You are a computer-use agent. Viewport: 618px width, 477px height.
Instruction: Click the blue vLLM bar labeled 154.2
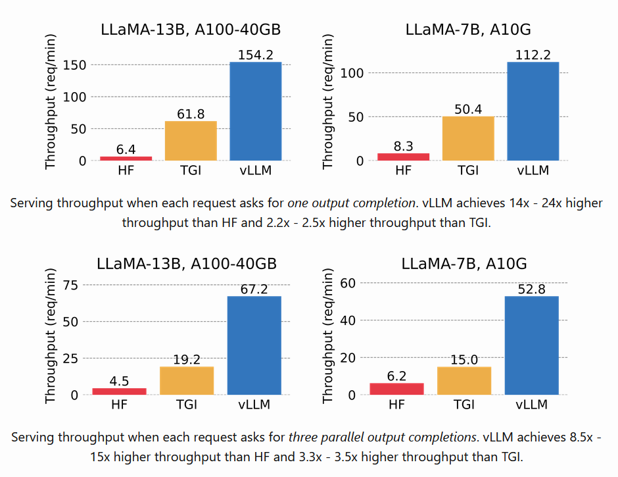coord(256,111)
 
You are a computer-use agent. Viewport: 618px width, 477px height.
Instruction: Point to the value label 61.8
coord(191,114)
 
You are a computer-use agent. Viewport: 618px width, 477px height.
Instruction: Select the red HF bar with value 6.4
coord(126,158)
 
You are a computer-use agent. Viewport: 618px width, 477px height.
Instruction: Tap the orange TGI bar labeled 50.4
coord(468,138)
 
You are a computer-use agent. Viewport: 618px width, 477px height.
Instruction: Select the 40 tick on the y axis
coord(347,320)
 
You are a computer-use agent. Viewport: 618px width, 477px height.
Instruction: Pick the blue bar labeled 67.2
coord(254,345)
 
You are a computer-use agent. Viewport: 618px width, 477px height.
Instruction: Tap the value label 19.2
coord(187,360)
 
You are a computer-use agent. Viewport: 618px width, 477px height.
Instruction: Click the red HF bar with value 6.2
coord(396,389)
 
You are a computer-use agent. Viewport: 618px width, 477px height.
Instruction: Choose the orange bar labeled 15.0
coord(464,380)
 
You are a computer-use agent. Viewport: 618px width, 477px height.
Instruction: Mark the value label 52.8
coord(531,289)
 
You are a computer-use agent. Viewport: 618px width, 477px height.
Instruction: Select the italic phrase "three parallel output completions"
coord(383,437)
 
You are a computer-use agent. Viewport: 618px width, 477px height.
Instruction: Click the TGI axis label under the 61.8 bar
coord(191,170)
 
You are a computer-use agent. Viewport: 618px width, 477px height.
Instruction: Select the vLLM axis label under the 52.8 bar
coord(531,405)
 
